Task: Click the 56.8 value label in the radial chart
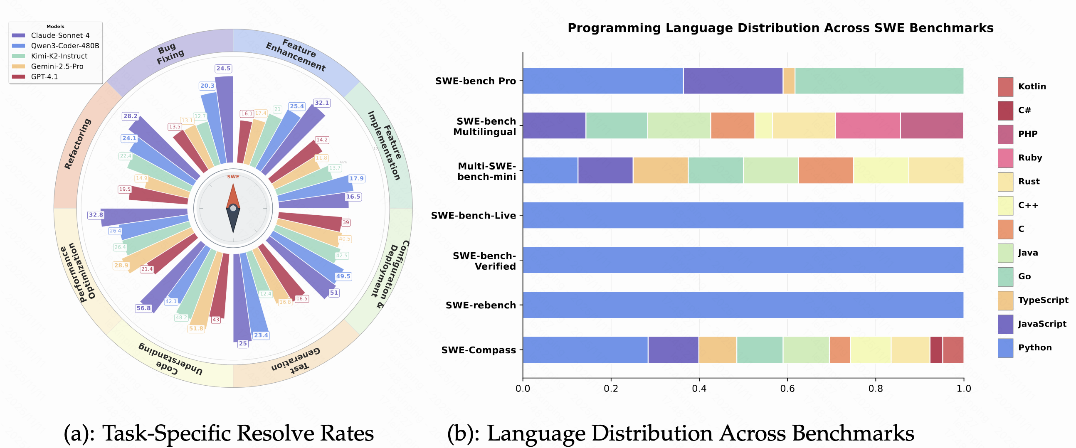pyautogui.click(x=143, y=308)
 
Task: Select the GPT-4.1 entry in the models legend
pyautogui.click(x=44, y=77)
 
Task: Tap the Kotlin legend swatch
pyautogui.click(x=1005, y=87)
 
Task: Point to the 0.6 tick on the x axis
pyautogui.click(x=787, y=388)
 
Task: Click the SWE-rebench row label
pyautogui.click(x=480, y=305)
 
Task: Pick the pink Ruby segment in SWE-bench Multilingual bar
pyautogui.click(x=868, y=125)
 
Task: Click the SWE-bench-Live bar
pyautogui.click(x=743, y=215)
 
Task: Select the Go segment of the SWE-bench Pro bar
pyautogui.click(x=879, y=81)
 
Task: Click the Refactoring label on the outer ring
pyautogui.click(x=78, y=144)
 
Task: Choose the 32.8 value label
pyautogui.click(x=96, y=214)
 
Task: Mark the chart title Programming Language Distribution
pyautogui.click(x=780, y=28)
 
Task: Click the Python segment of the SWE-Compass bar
pyautogui.click(x=585, y=350)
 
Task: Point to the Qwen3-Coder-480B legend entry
pyautogui.click(x=65, y=46)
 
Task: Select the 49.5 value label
pyautogui.click(x=343, y=276)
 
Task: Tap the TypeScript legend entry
pyautogui.click(x=1043, y=300)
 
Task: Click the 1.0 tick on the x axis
pyautogui.click(x=964, y=388)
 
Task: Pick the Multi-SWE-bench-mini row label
pyautogui.click(x=486, y=171)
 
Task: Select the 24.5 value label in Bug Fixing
pyautogui.click(x=223, y=69)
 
